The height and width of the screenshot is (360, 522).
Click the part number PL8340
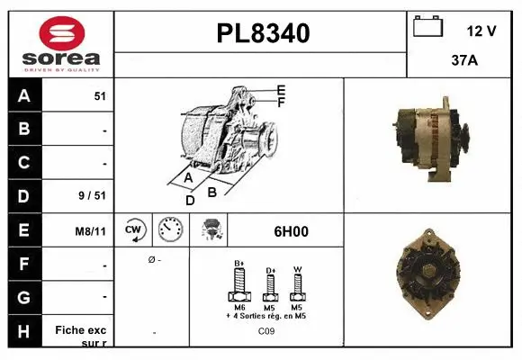click(x=263, y=33)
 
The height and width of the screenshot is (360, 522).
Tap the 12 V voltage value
click(x=481, y=31)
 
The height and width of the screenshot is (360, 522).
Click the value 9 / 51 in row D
click(x=94, y=194)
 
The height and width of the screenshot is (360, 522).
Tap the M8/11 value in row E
click(x=91, y=231)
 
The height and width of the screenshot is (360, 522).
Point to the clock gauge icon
click(x=170, y=230)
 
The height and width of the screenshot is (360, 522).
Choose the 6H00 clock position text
click(x=291, y=231)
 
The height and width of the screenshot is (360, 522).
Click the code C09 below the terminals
click(x=267, y=331)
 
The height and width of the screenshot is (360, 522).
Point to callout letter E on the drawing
click(x=282, y=90)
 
